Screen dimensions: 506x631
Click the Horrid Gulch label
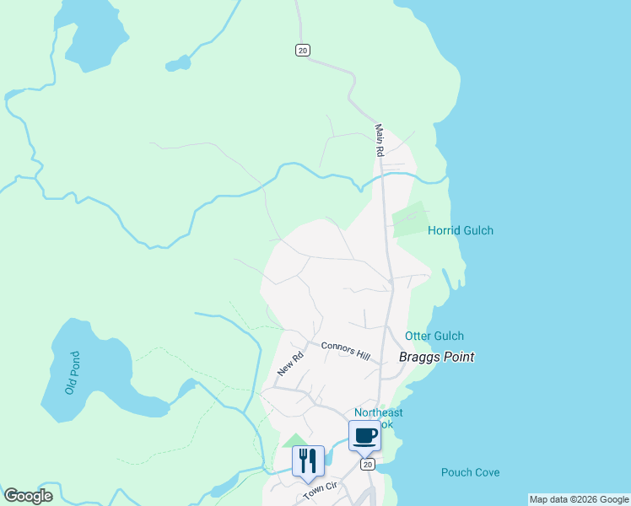(460, 230)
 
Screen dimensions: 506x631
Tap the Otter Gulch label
(434, 336)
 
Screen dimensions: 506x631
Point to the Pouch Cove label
(470, 472)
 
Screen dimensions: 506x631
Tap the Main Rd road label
(380, 141)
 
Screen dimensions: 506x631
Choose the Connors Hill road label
(345, 349)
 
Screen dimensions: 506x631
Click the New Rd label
(289, 363)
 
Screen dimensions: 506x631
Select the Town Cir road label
(320, 490)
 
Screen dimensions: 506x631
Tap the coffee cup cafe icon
(364, 435)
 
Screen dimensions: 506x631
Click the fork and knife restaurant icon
(308, 460)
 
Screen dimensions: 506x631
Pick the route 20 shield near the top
(303, 51)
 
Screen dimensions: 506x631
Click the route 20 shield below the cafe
(365, 464)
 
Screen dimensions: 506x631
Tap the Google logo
(28, 496)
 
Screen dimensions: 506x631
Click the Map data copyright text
(579, 499)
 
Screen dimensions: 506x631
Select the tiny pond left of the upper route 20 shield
(178, 63)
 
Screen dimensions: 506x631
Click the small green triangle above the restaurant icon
(294, 439)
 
